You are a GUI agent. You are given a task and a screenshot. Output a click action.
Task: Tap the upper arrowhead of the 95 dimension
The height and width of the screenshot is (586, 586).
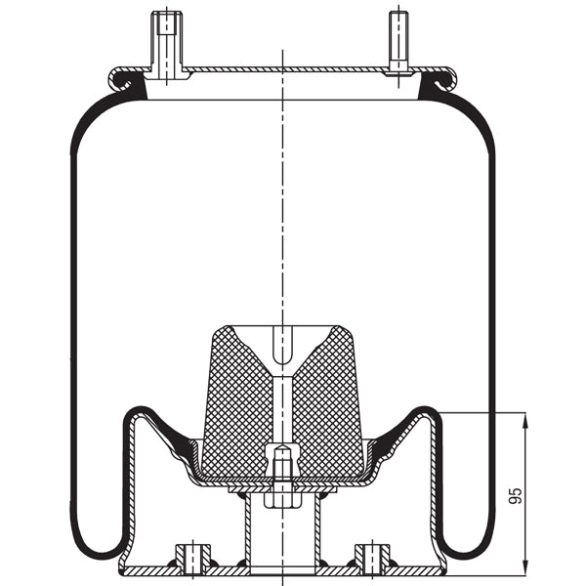(x=525, y=420)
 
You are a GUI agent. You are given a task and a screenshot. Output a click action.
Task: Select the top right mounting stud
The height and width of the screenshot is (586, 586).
(x=398, y=41)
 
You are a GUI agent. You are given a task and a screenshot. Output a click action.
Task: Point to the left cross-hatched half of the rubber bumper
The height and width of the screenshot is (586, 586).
(x=234, y=400)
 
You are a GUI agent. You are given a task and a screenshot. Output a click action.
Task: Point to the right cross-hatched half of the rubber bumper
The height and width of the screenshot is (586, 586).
(x=332, y=400)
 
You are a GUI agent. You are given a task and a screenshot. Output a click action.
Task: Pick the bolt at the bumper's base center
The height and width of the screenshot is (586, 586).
(x=281, y=469)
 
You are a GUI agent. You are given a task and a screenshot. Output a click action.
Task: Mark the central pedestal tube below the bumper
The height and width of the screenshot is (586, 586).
(x=281, y=532)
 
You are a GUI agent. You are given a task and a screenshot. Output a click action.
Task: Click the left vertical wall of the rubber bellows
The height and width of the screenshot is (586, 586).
(x=74, y=322)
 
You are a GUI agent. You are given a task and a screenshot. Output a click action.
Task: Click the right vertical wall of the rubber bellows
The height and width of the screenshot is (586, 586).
(x=491, y=322)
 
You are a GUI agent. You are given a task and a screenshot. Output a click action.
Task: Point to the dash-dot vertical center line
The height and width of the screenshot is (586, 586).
(x=282, y=195)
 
